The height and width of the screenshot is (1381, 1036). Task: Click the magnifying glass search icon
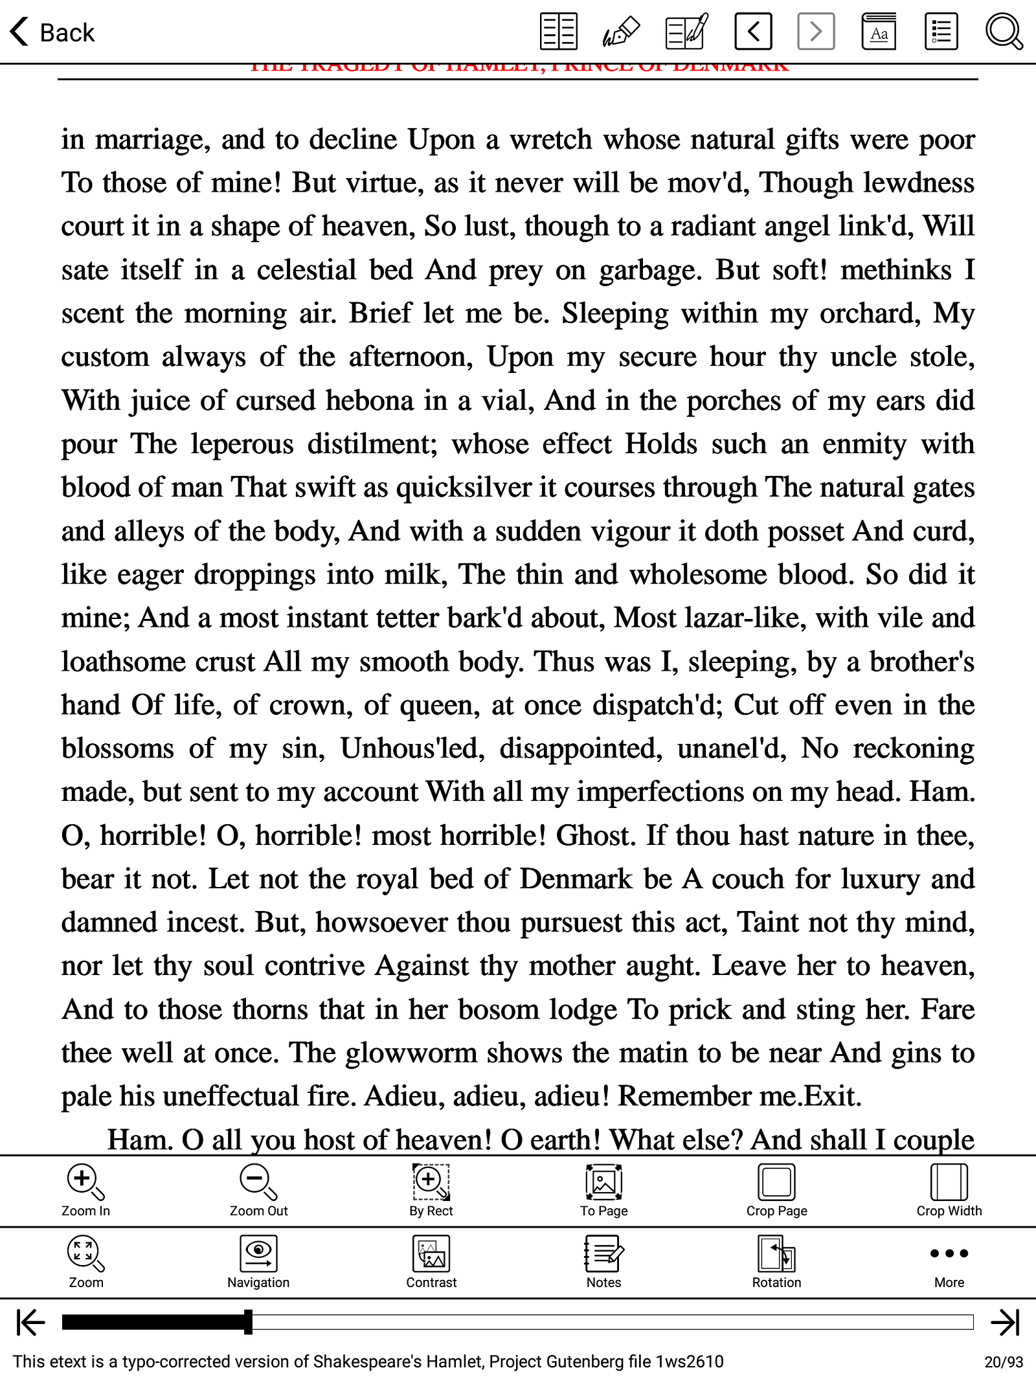point(1003,32)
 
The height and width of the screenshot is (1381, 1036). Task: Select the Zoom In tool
point(85,1190)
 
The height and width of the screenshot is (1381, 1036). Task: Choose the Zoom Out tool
point(258,1190)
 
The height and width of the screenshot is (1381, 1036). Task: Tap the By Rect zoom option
point(431,1190)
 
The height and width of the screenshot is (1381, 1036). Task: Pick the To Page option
point(603,1190)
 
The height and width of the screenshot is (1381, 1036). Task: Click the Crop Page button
point(776,1190)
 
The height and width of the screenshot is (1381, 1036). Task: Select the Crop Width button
point(949,1190)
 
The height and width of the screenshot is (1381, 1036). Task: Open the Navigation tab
point(258,1262)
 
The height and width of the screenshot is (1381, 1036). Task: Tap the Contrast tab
point(431,1262)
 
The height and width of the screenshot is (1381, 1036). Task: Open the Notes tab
point(603,1262)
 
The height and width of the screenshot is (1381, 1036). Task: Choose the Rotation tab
point(776,1262)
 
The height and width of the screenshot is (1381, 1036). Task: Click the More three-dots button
point(949,1262)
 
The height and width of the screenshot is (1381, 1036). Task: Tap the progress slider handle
point(248,1322)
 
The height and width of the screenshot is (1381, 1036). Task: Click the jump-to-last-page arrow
point(1005,1322)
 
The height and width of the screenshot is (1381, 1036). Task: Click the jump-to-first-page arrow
point(30,1322)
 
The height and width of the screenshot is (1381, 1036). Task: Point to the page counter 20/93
point(1004,1362)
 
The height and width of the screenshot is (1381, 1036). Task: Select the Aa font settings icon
point(879,32)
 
